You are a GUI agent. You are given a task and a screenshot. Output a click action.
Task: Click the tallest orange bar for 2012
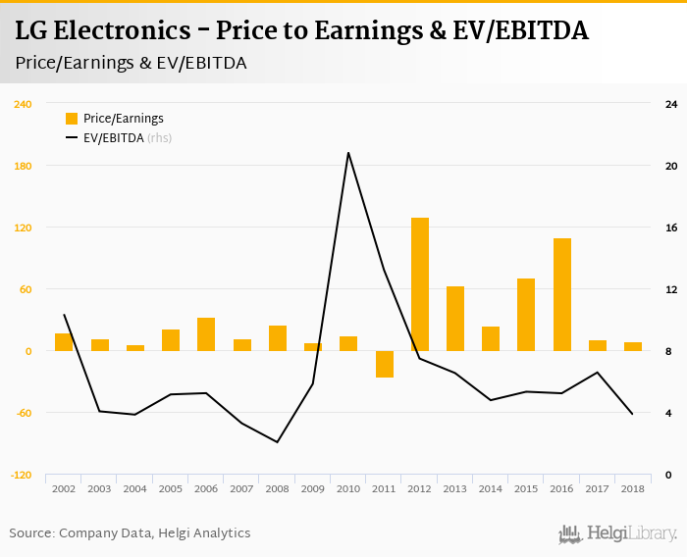[x=420, y=284]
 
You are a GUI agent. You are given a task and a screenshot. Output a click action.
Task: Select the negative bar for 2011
[x=384, y=364]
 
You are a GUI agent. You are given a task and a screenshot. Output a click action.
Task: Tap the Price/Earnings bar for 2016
[x=562, y=294]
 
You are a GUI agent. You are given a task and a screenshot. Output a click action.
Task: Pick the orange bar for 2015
[x=526, y=315]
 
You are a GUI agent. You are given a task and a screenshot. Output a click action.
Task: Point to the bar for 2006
[x=206, y=334]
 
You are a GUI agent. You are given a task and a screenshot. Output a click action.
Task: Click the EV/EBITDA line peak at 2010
[x=348, y=153]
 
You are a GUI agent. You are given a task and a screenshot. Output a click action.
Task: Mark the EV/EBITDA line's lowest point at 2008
[x=278, y=442]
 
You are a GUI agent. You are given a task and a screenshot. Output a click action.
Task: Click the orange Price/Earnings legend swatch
[x=72, y=119]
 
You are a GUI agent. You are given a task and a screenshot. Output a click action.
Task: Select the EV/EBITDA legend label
[x=113, y=138]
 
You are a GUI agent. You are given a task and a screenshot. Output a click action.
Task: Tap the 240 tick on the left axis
[x=24, y=104]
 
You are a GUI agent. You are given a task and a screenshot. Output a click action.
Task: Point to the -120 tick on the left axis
[x=22, y=475]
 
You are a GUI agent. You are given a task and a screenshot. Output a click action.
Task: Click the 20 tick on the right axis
[x=671, y=166]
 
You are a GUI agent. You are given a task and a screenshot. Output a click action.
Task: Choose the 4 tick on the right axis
[x=668, y=413]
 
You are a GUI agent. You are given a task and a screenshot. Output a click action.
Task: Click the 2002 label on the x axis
[x=64, y=488]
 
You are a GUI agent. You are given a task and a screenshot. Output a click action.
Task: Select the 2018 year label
[x=633, y=488]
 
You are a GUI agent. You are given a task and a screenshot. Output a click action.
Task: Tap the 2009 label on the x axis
[x=313, y=488]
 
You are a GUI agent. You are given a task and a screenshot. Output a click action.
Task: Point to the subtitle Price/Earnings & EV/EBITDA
[x=131, y=63]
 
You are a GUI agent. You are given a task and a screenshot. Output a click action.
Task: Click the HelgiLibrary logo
[x=618, y=533]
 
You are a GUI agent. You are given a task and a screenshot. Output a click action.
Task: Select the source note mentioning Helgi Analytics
[x=130, y=533]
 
